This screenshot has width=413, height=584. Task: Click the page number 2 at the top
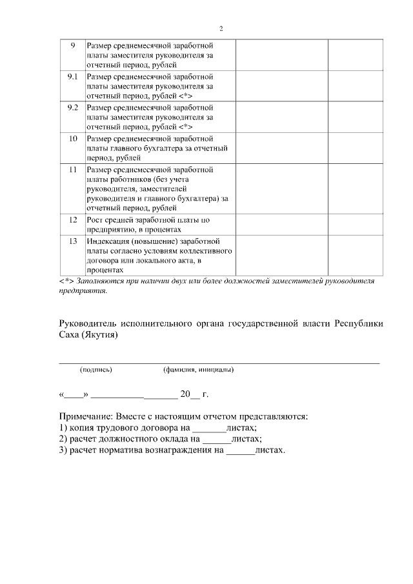[221, 29]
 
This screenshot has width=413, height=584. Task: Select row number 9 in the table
[72, 46]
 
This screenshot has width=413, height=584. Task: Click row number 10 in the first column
[72, 139]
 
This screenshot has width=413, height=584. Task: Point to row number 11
[72, 170]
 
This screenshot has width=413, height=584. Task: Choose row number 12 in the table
[72, 220]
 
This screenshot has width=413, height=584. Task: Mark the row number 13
[72, 241]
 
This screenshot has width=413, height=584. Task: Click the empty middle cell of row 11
[281, 189]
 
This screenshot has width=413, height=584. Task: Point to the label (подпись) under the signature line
[96, 370]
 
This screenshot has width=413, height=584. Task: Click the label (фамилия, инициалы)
[199, 370]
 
